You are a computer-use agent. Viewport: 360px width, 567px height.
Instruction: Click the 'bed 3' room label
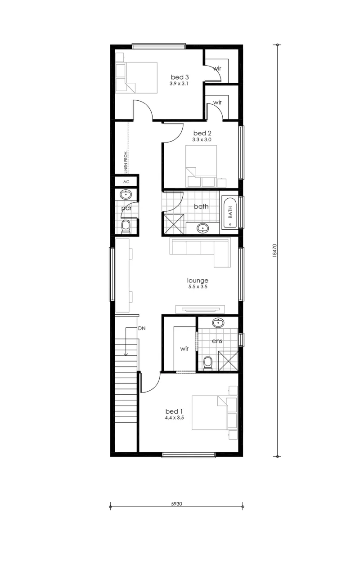pyautogui.click(x=180, y=77)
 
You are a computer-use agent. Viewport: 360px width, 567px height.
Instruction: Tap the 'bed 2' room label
pyautogui.click(x=202, y=133)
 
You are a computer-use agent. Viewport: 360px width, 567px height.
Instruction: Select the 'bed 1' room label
pyautogui.click(x=174, y=411)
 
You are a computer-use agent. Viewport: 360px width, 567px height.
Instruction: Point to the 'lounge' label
pyautogui.click(x=198, y=280)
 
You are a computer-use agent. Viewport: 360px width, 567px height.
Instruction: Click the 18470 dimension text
pyautogui.click(x=274, y=250)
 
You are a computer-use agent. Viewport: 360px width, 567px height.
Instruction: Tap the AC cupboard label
pyautogui.click(x=126, y=182)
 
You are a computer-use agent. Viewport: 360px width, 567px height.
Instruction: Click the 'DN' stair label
pyautogui.click(x=142, y=328)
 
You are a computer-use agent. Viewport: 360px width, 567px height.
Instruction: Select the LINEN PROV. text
pyautogui.click(x=126, y=163)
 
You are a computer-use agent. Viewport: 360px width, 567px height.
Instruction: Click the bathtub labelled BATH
pyautogui.click(x=230, y=212)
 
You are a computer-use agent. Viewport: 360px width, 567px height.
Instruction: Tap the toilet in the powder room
pyautogui.click(x=126, y=227)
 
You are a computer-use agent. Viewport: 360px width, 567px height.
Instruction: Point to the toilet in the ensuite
pyautogui.click(x=208, y=363)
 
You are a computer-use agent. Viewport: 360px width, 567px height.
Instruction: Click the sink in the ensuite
pyautogui.click(x=218, y=322)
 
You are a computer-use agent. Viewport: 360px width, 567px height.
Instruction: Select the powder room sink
pyautogui.click(x=126, y=195)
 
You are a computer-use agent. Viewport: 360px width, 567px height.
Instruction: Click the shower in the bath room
pyautogui.click(x=174, y=224)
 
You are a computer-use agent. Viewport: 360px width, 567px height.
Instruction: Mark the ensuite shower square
pyautogui.click(x=228, y=361)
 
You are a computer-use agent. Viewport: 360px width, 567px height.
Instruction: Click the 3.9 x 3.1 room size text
pyautogui.click(x=179, y=84)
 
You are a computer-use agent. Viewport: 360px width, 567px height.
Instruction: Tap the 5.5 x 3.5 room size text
pyautogui.click(x=198, y=286)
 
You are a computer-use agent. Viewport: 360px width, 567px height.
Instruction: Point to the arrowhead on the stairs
pyautogui.click(x=126, y=354)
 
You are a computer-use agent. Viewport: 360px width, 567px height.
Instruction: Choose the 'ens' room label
pyautogui.click(x=217, y=341)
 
